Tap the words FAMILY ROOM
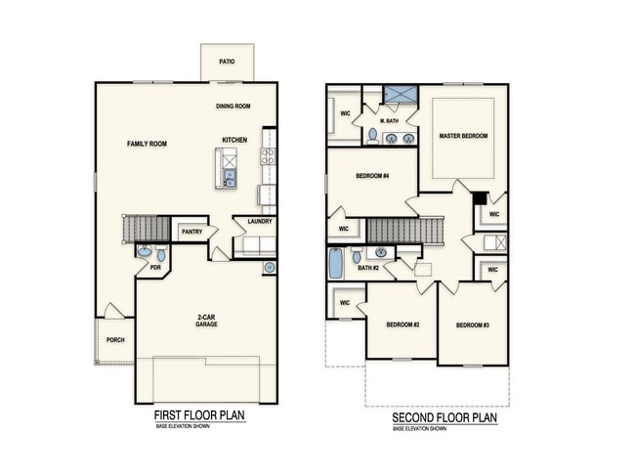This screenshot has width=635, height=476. coord(148,144)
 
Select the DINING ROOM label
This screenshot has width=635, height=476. coord(234,106)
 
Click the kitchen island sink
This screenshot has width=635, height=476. coord(230,177)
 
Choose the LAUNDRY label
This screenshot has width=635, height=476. coord(259,221)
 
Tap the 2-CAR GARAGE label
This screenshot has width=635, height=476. coord(206,321)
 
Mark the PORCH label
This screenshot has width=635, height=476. coord(114,339)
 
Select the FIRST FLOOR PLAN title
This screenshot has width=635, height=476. coord(199,415)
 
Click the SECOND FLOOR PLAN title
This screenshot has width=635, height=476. coord(444,417)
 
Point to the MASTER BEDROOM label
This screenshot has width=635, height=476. coord(463,136)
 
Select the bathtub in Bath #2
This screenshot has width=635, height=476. coord(337,262)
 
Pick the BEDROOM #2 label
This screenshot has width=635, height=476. coord(402,325)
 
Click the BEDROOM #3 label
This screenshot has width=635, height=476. coord(472,325)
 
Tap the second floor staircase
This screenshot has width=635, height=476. coord(401,231)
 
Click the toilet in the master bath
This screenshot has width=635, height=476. coord(372,134)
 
